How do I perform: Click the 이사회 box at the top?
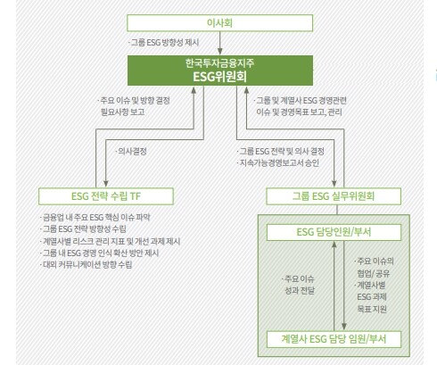point(220,23)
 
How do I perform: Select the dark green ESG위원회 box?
point(220,71)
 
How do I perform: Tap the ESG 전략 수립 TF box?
point(106,196)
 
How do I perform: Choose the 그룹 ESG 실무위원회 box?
point(334,196)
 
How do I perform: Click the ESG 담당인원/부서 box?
point(334,232)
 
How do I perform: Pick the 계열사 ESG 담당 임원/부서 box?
point(334,339)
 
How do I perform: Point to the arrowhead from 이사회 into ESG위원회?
point(220,51)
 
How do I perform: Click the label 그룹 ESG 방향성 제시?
point(164,43)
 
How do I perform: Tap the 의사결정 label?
point(131,152)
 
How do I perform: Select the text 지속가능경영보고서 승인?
point(278,163)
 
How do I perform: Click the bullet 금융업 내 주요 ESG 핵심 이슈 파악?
point(95,218)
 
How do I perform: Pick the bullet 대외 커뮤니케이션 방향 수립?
point(87,265)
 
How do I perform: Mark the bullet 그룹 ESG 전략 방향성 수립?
point(83,229)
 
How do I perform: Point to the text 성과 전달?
point(300,291)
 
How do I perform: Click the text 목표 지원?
point(372,309)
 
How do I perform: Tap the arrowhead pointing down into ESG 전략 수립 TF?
point(106,183)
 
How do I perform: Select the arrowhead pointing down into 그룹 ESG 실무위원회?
point(334,183)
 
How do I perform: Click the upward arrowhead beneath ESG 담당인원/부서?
point(334,245)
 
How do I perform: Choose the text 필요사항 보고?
point(123,112)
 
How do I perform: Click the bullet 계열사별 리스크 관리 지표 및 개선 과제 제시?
point(111,241)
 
